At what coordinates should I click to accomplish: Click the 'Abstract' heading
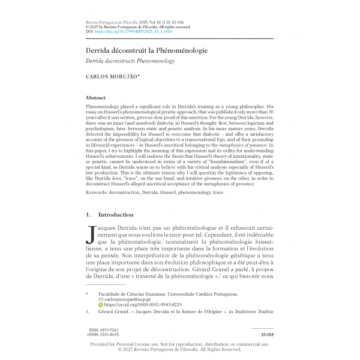click(x=96, y=97)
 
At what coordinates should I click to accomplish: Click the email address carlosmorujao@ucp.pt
click(x=130, y=299)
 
